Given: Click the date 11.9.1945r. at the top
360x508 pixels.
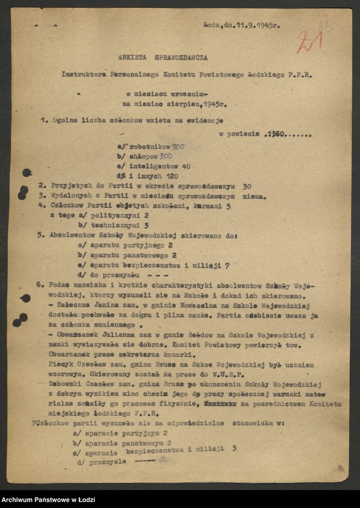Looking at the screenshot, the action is tap(260, 27).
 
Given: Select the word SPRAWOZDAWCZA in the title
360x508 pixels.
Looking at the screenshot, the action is tap(182, 57).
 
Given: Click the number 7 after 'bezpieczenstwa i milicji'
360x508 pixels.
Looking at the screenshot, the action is tap(226, 265).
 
